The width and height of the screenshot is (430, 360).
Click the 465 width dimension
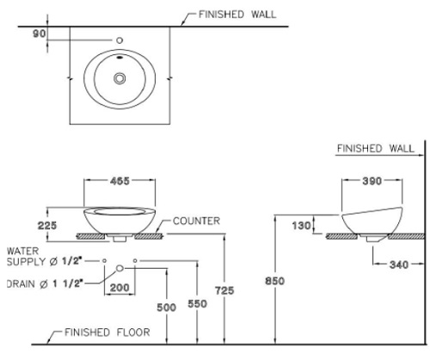click(x=120, y=180)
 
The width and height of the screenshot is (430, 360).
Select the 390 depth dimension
click(x=372, y=180)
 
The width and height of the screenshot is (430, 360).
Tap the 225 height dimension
click(x=47, y=225)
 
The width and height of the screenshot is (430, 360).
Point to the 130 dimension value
click(x=301, y=226)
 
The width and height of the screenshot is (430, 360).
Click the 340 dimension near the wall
click(x=399, y=265)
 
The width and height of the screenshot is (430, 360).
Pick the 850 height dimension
click(x=275, y=281)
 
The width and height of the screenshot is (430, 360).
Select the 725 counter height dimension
click(x=224, y=290)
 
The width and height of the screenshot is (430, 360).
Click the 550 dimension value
click(x=197, y=303)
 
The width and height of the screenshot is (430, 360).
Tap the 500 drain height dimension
click(x=166, y=308)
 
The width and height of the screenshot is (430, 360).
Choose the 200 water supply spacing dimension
click(x=120, y=287)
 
